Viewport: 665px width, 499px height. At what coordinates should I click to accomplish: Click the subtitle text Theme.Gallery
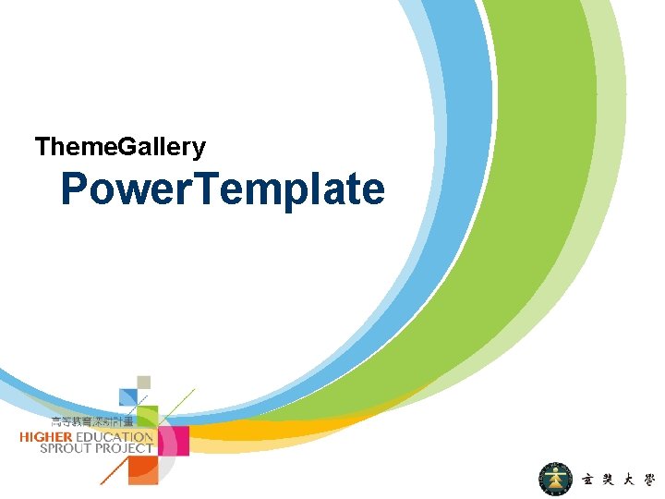[x=120, y=146]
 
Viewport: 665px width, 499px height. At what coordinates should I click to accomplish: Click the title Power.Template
[x=223, y=189]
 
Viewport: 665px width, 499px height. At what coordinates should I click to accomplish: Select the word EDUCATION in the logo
[x=115, y=436]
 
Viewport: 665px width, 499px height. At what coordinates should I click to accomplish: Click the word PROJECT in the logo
[x=125, y=448]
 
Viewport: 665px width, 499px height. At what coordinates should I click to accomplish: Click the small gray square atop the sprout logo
[x=143, y=382]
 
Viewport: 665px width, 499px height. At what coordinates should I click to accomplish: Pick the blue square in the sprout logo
[x=128, y=396]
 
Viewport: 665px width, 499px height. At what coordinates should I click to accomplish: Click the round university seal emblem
[x=556, y=480]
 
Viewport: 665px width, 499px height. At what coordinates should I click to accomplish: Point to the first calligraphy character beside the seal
[x=588, y=481]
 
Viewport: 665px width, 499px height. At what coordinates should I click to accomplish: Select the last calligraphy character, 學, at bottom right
[x=649, y=481]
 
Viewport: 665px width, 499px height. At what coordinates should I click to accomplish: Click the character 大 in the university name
[x=630, y=481]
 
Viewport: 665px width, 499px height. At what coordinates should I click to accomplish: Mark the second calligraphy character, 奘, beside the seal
[x=610, y=481]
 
